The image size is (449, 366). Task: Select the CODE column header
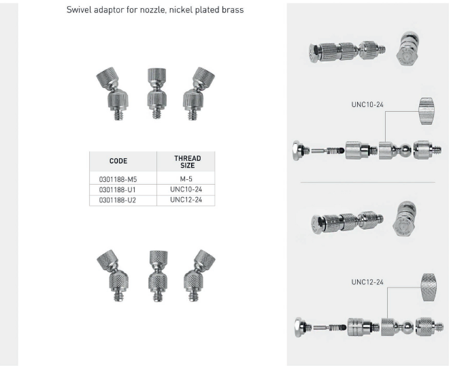[118, 161]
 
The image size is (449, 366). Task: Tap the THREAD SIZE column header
[187, 162]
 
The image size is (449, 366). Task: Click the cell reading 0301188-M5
[118, 179]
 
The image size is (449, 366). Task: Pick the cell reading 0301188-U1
[118, 190]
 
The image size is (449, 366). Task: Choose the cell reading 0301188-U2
[118, 200]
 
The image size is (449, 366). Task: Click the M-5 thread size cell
[186, 179]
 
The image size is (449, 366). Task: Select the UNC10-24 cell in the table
[186, 189]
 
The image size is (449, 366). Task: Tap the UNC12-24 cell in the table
[186, 200]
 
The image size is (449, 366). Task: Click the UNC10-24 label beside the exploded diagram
[367, 104]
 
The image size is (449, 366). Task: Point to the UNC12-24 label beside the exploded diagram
[367, 282]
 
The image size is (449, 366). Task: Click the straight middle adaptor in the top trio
[156, 93]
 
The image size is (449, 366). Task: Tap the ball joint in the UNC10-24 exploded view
[405, 150]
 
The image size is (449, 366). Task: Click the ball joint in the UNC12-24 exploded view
[408, 327]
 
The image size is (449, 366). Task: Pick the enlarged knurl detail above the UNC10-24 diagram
[427, 111]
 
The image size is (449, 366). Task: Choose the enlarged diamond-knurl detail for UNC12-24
[429, 287]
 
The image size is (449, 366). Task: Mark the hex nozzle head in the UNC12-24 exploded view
[299, 327]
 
